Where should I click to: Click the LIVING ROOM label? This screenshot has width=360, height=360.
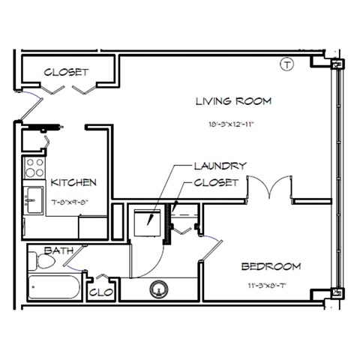pos(232,100)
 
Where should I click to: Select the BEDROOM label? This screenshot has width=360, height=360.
pos(271,266)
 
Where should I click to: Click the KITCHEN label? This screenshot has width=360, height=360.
pos(73,182)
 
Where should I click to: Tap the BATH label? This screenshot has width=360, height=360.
pos(57,250)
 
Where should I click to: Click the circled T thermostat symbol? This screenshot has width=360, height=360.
pos(286,65)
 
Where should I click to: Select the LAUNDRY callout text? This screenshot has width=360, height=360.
pos(220,166)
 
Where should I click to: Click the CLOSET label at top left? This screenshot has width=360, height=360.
pos(66,73)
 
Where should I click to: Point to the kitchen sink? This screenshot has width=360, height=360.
pos(32,200)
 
